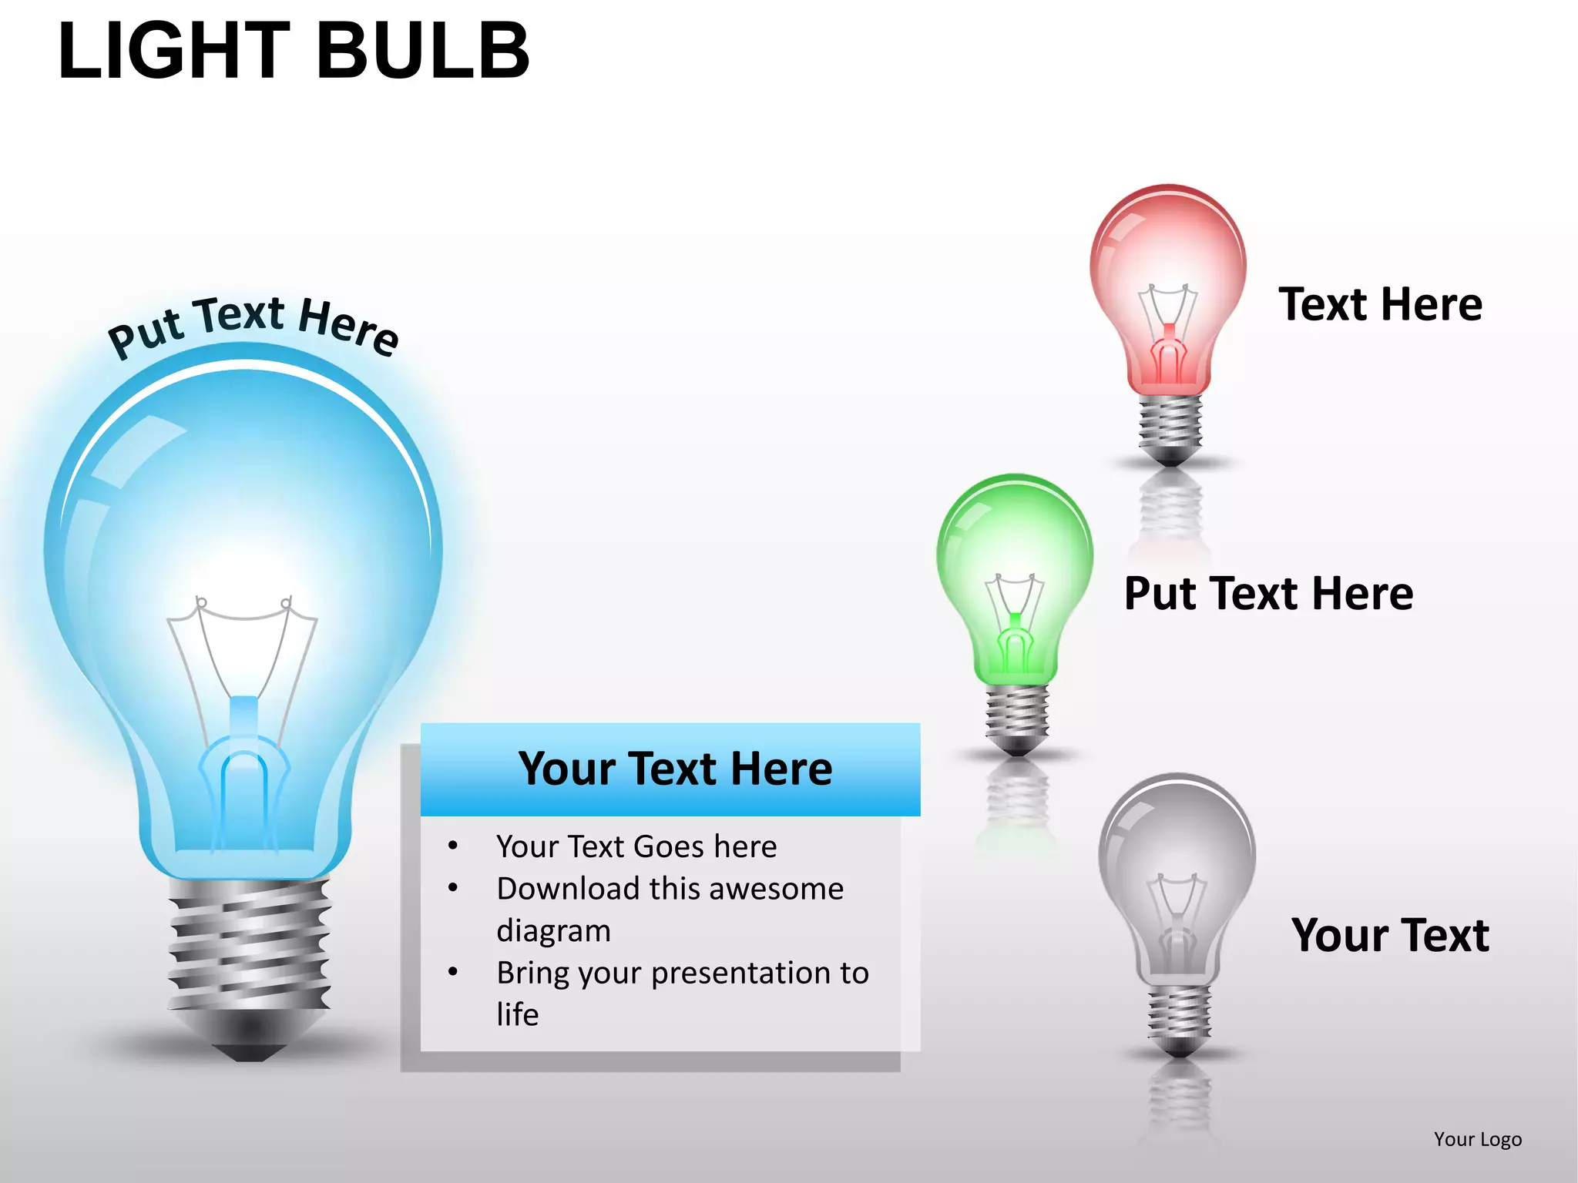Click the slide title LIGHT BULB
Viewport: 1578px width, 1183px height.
(294, 51)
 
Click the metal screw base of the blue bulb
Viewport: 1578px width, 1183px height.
(249, 943)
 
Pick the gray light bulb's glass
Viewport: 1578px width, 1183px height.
(1177, 847)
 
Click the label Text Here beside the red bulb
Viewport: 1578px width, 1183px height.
(1380, 304)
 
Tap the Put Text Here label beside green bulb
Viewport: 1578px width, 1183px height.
(1268, 594)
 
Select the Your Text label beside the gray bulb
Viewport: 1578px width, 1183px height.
(1390, 936)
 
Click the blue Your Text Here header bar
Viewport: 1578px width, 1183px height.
(670, 769)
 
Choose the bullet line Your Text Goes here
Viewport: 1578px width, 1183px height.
(636, 846)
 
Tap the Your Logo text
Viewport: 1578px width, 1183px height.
(1477, 1139)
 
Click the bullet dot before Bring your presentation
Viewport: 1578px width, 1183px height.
(453, 972)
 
